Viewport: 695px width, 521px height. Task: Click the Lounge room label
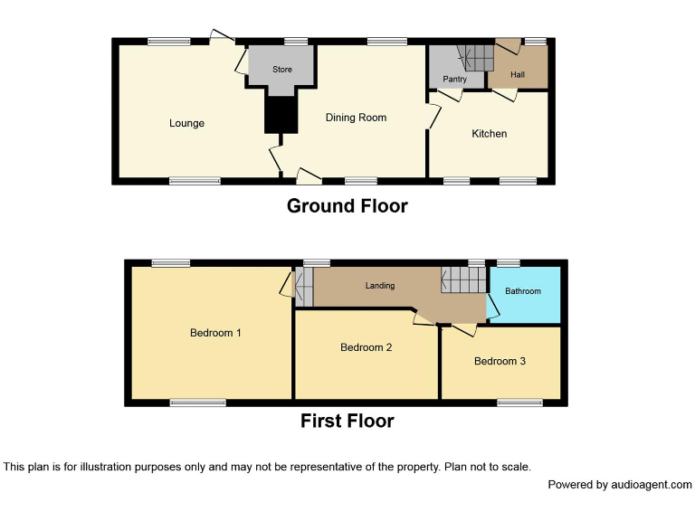[x=186, y=123]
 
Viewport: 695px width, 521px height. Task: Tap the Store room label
[x=282, y=69]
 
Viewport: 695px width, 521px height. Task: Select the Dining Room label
[x=356, y=118]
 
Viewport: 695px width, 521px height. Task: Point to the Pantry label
[x=454, y=80]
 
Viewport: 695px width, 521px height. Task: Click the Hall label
[x=518, y=74]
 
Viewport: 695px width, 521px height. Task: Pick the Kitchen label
[x=489, y=134]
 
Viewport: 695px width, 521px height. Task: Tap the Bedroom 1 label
[x=215, y=333]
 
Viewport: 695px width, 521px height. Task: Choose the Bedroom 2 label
[x=366, y=347]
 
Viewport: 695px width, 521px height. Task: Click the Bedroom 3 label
[x=500, y=362]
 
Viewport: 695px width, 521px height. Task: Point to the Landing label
[x=380, y=286]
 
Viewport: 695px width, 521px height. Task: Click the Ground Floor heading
[x=347, y=206]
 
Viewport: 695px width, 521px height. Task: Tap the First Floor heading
[x=347, y=421]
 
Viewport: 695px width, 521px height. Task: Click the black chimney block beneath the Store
[x=281, y=113]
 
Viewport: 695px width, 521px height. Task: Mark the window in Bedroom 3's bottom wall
[x=519, y=403]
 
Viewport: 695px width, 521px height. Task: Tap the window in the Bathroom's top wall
[x=509, y=262]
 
